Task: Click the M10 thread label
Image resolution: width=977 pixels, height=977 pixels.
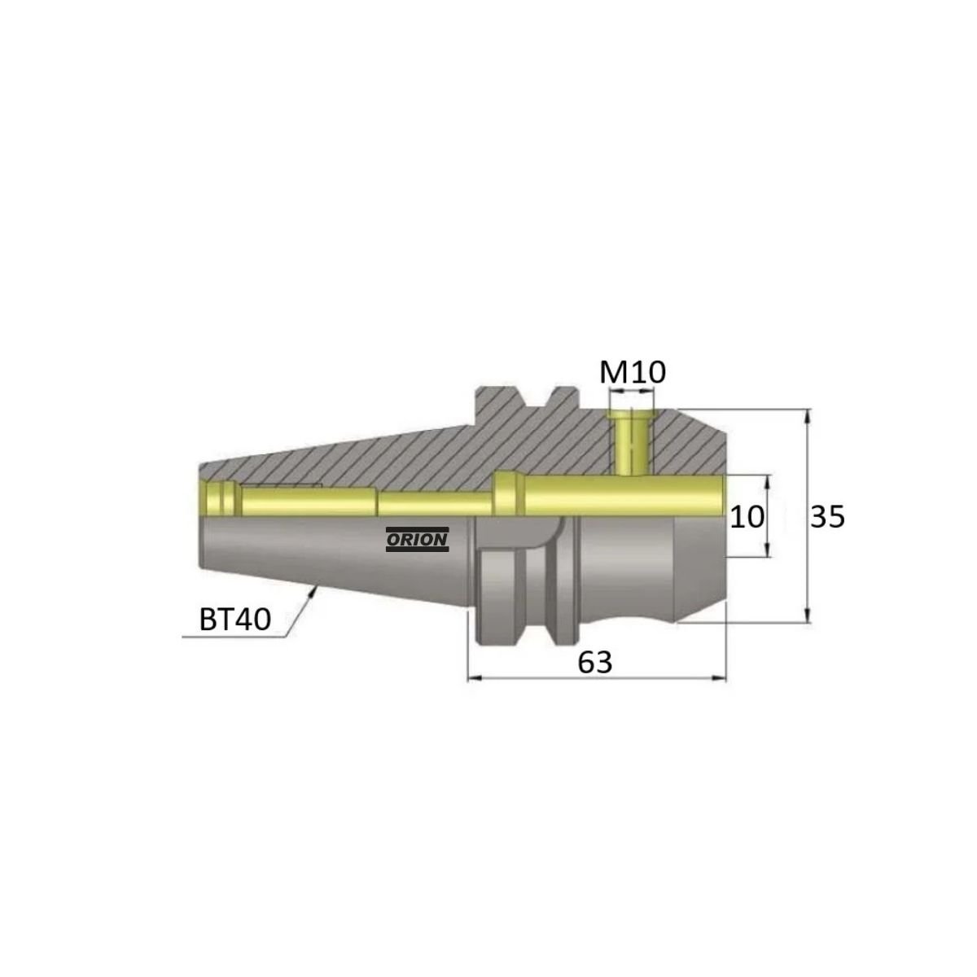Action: click(x=632, y=373)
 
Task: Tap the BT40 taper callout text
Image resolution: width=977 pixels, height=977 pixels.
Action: click(x=234, y=620)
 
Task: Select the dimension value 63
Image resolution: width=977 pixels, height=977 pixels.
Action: click(x=595, y=662)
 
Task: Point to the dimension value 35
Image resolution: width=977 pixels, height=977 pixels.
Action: click(x=827, y=517)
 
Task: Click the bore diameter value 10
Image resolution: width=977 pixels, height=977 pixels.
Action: click(x=747, y=517)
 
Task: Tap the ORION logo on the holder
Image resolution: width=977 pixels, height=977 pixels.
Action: click(x=418, y=539)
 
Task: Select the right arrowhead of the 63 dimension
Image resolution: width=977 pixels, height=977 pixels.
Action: click(x=720, y=678)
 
